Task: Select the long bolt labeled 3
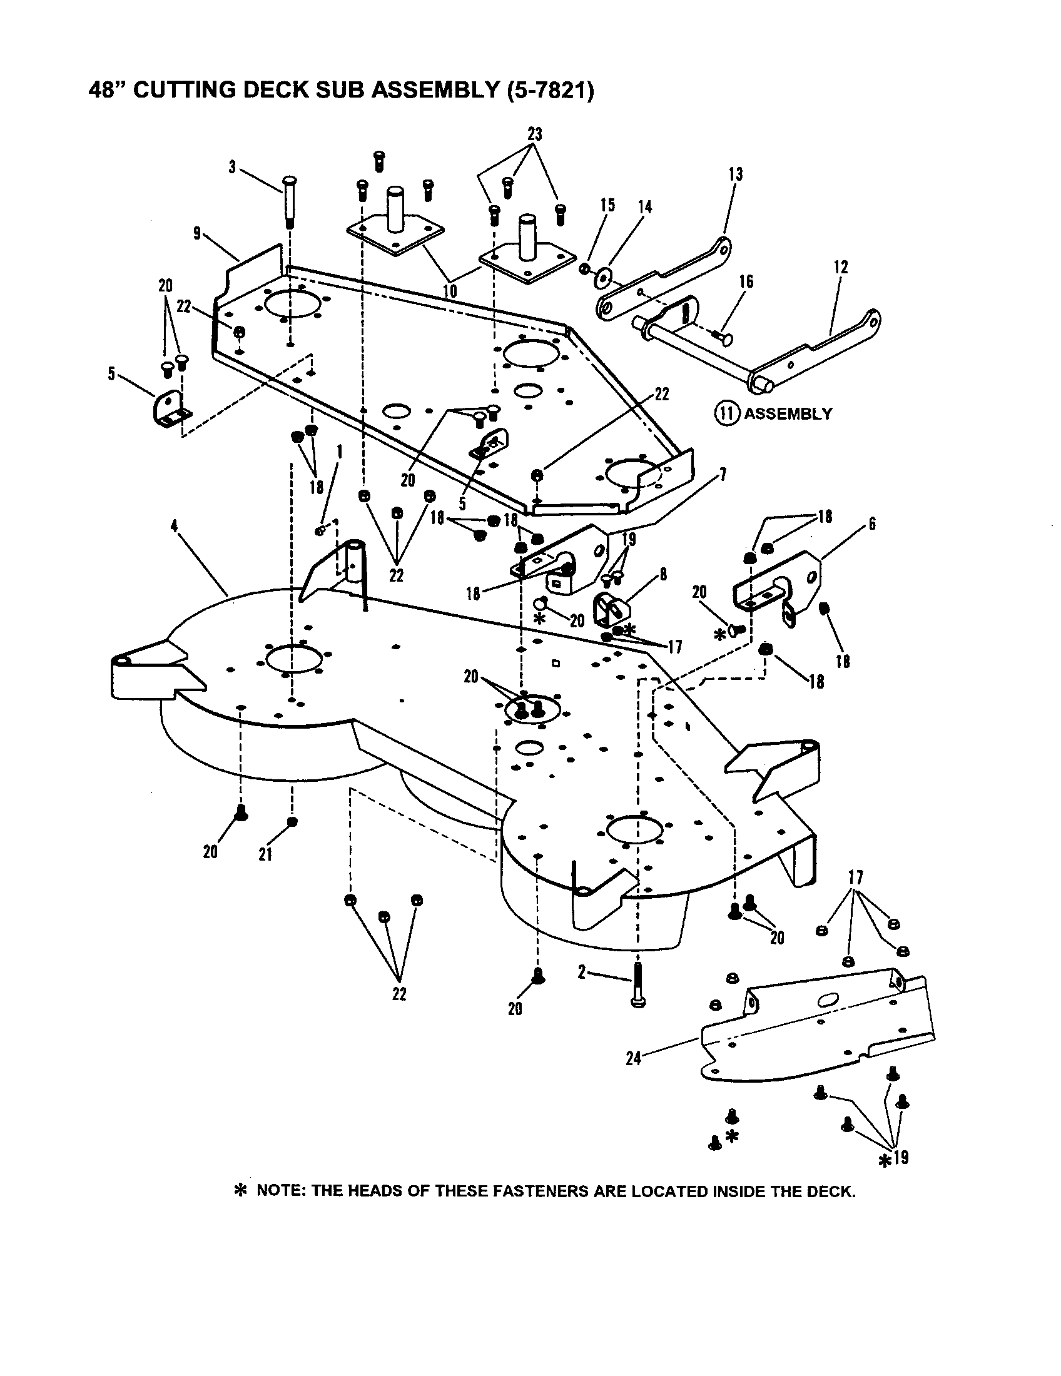[x=292, y=201]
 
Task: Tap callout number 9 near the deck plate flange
[x=197, y=234]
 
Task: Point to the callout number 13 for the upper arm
[x=735, y=175]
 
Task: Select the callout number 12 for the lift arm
[x=842, y=266]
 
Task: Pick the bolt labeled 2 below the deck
[x=638, y=987]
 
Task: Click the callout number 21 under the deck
[x=265, y=854]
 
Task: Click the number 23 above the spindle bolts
[x=535, y=135]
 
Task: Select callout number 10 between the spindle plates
[x=450, y=290]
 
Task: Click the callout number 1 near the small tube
[x=340, y=452]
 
